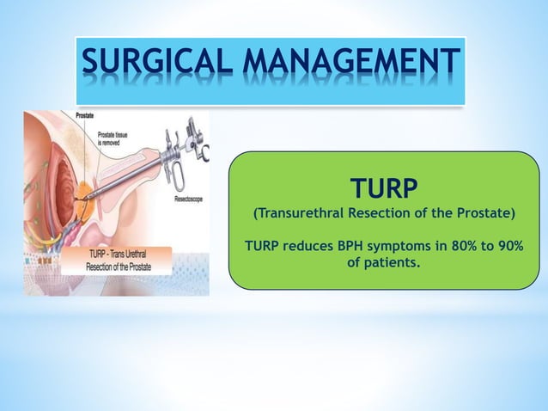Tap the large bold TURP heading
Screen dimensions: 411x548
[383, 187]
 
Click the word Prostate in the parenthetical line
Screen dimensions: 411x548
[480, 212]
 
